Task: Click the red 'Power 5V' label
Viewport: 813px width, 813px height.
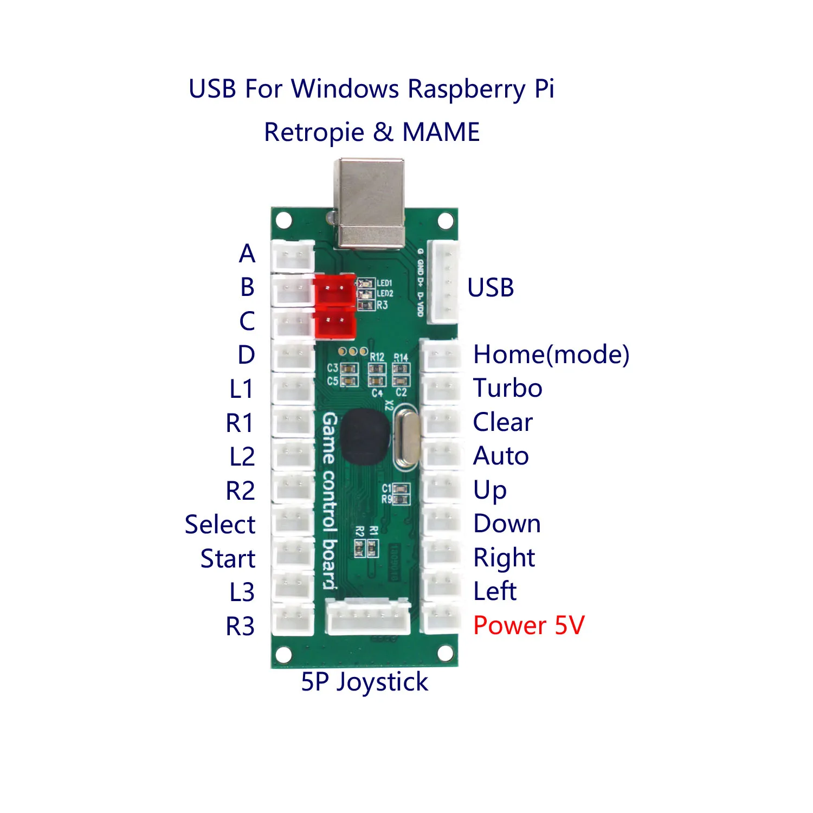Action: click(528, 625)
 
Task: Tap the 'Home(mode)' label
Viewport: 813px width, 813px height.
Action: click(551, 355)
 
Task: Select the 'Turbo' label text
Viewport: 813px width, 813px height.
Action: click(507, 388)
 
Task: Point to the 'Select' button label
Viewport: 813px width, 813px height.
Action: click(220, 525)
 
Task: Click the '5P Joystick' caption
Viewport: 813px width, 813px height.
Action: click(364, 682)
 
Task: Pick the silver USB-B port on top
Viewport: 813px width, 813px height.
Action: click(370, 203)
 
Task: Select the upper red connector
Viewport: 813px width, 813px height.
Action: click(334, 290)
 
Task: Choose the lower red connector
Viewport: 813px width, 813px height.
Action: click(334, 323)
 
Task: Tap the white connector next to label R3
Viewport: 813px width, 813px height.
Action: click(293, 619)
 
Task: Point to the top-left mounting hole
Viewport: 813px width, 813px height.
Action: click(284, 221)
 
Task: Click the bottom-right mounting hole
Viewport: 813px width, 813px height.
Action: click(445, 654)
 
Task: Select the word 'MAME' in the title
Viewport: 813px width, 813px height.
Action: click(441, 132)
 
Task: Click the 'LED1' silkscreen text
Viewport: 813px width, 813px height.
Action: click(384, 283)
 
